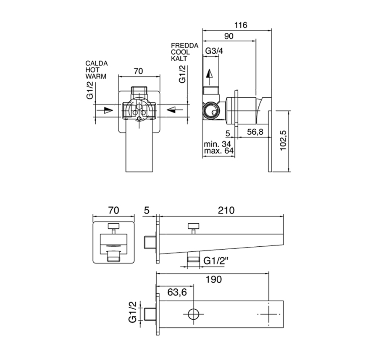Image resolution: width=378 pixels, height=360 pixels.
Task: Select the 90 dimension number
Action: [228, 36]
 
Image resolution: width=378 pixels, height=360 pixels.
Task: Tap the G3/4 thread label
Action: [214, 51]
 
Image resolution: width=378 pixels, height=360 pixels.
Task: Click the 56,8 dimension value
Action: [255, 132]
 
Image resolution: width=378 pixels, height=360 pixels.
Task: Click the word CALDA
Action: [97, 63]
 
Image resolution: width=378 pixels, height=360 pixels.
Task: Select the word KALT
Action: [179, 58]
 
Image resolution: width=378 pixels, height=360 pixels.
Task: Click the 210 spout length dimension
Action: [226, 209]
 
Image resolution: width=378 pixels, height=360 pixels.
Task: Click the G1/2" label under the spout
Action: [216, 261]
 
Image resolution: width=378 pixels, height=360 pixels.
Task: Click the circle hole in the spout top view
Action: [194, 314]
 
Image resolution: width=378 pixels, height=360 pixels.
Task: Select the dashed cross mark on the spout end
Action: [268, 314]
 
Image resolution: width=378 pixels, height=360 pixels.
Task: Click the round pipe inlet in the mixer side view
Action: [211, 111]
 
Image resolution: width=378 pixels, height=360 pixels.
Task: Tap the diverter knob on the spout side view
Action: [194, 227]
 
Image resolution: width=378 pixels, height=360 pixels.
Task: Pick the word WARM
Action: [96, 77]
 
